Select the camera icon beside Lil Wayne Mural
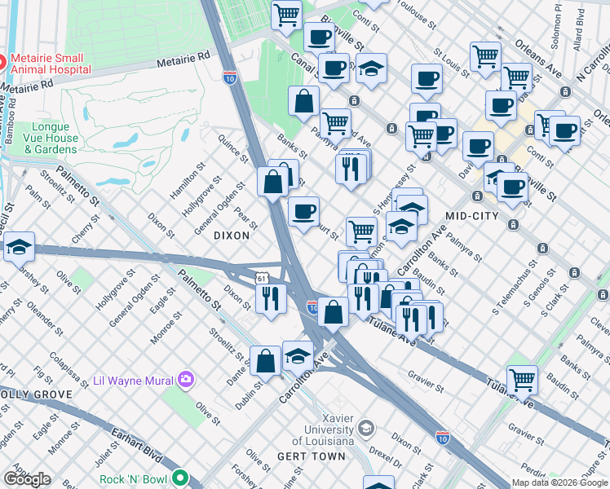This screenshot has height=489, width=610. (x=187, y=378)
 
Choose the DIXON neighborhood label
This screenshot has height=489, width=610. (x=231, y=235)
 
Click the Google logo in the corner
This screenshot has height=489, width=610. (x=27, y=479)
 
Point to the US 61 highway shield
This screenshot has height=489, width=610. (x=260, y=278)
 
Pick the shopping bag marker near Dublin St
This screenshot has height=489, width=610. (x=265, y=360)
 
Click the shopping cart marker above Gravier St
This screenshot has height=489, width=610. (x=522, y=379)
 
